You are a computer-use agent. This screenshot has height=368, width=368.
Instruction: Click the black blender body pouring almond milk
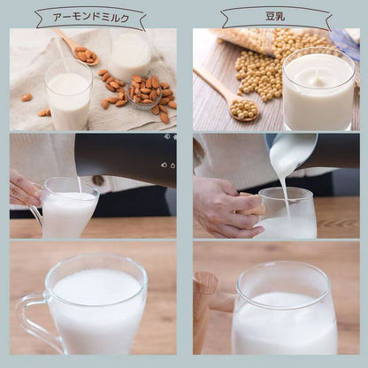click(124, 159)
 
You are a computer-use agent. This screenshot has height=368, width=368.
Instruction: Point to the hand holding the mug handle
click(24, 189)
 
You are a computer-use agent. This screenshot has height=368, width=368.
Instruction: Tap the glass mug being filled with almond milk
click(69, 209)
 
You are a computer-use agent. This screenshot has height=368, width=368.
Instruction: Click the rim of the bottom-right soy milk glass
click(285, 268)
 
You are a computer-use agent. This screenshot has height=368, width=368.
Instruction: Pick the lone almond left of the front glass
click(26, 97)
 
